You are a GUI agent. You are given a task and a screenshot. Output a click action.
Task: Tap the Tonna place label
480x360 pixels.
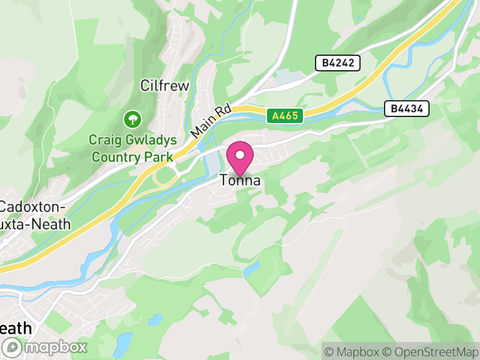[x=239, y=180]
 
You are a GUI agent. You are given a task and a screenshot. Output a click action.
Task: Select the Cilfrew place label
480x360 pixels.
[x=164, y=86]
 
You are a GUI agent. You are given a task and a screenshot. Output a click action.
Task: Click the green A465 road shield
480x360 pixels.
[x=284, y=116]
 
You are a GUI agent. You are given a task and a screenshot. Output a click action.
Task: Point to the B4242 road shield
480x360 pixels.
[x=337, y=63]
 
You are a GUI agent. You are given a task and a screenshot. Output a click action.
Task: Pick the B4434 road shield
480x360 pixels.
[x=406, y=109]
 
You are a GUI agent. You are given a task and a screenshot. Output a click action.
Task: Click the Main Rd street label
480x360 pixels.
[x=211, y=120]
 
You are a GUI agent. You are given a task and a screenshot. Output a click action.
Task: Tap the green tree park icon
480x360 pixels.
[x=131, y=119]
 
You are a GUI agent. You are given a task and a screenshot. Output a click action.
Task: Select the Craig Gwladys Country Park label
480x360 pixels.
[x=133, y=148]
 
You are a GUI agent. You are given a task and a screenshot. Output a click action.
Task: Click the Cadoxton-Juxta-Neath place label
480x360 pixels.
[x=35, y=216]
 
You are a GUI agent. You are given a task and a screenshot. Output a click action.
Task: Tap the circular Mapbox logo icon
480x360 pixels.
[x=13, y=347]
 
